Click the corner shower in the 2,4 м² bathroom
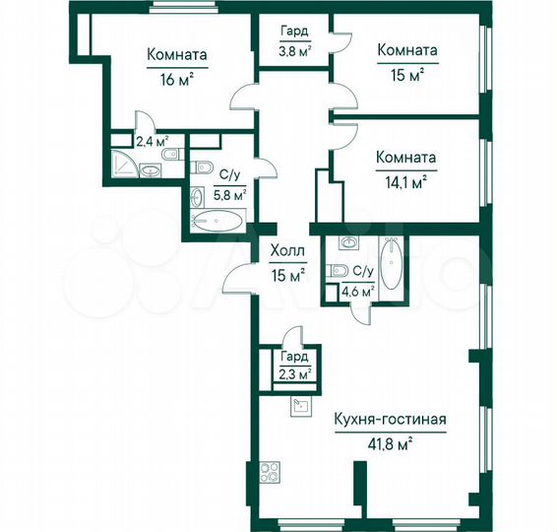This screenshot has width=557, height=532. [123, 165]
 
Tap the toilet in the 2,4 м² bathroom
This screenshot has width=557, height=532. [168, 156]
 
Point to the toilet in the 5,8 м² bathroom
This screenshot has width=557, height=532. [202, 166]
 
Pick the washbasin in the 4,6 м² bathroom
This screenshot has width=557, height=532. [348, 243]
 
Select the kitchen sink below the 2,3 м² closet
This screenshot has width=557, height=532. [300, 404]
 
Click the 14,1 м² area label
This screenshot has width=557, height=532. [405, 180]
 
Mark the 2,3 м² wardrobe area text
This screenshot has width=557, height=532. [293, 373]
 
